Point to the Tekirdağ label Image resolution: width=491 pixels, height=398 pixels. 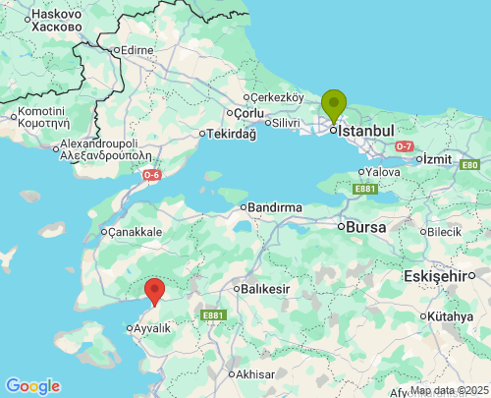coord(231,134)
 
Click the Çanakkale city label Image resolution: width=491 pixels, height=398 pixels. coord(135,232)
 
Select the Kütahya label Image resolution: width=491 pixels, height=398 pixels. coord(453,316)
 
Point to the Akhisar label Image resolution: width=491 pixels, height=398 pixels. coord(254,374)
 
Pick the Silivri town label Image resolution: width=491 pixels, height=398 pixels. coord(285,122)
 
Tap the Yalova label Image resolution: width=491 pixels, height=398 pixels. coord(382,171)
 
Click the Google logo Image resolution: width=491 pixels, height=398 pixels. coord(32,386)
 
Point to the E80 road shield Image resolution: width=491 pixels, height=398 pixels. coord(470,165)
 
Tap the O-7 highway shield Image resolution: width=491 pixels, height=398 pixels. coord(404,146)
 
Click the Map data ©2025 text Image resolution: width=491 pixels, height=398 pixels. coord(449,390)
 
